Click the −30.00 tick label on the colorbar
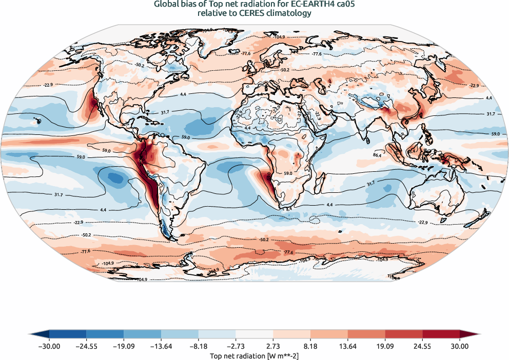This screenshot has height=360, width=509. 49,346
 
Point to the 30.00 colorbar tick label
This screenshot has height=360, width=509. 460,346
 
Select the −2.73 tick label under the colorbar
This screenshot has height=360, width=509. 236,346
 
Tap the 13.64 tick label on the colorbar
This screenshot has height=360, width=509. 348,346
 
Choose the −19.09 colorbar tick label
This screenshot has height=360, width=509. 124,346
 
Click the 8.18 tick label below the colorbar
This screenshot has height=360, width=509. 310,346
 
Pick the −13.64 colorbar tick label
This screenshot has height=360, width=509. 161,346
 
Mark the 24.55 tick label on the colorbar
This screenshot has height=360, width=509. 423,346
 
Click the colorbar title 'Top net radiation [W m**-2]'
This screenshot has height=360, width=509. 254,355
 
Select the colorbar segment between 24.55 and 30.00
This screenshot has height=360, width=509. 441,335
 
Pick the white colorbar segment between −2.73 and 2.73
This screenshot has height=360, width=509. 254,335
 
